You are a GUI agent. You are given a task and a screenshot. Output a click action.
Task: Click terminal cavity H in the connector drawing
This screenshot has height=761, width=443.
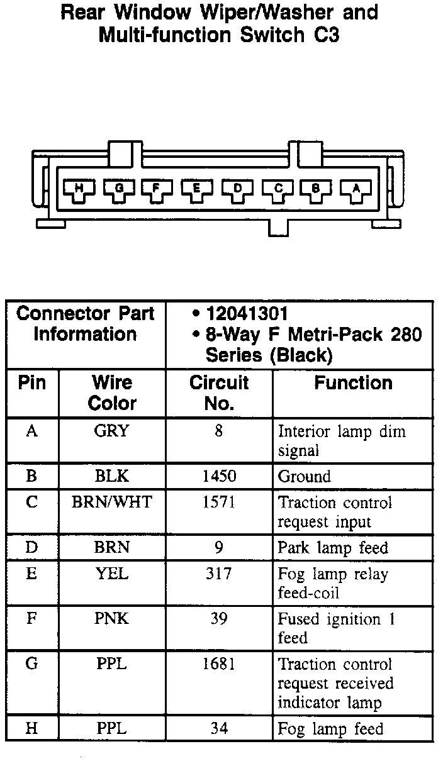click(x=79, y=189)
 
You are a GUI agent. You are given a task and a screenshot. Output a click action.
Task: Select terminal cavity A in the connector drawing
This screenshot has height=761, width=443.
click(x=356, y=189)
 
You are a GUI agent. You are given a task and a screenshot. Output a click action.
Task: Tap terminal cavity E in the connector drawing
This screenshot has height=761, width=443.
click(x=197, y=189)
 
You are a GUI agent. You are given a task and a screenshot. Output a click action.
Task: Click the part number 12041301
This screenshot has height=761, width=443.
click(x=247, y=314)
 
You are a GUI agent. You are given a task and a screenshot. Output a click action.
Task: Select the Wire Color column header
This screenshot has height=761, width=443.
click(x=112, y=392)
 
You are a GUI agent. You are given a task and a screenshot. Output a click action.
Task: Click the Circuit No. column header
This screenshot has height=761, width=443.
click(x=219, y=392)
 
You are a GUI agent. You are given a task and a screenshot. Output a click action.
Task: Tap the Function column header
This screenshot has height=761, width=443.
click(x=353, y=383)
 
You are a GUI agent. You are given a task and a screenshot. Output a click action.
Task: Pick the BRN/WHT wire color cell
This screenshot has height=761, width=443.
click(x=112, y=503)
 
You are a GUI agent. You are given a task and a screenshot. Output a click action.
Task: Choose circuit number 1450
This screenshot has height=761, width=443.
click(x=219, y=476)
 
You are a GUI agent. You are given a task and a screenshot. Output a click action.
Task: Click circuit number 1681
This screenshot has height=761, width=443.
click(x=219, y=665)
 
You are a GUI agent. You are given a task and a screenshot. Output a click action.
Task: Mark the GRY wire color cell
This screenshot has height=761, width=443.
click(x=112, y=431)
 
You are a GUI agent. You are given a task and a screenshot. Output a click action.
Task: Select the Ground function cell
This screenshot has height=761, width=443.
click(x=305, y=476)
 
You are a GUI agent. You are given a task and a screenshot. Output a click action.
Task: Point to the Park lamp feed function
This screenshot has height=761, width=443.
click(x=333, y=548)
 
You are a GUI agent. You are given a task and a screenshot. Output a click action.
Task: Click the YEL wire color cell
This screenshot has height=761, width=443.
click(x=112, y=574)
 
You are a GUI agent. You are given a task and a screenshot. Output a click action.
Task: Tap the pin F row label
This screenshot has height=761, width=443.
click(x=31, y=619)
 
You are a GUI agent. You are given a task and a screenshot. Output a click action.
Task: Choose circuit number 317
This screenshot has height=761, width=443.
click(x=219, y=574)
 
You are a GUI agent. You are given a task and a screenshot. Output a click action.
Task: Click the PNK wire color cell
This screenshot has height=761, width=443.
click(x=112, y=619)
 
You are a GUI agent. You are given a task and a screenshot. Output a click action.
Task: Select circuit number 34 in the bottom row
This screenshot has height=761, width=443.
click(x=219, y=729)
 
